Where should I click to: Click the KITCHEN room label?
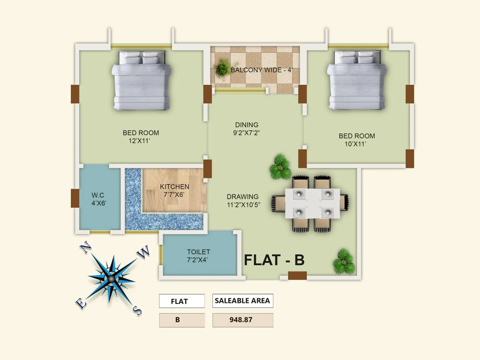(174, 187)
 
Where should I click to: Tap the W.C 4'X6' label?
(99, 199)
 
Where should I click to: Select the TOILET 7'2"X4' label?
(198, 256)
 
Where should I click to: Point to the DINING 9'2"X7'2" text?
(247, 129)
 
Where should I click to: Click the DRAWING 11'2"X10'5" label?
(243, 201)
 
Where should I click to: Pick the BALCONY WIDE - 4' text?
(261, 70)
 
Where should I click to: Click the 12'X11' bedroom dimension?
(139, 141)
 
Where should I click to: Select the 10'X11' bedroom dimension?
(355, 144)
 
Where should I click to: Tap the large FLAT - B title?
(274, 260)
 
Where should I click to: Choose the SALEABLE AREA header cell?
(242, 301)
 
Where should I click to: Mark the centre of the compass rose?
(112, 279)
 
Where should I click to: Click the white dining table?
(312, 203)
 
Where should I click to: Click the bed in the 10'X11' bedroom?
(356, 80)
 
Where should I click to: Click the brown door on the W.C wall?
(75, 198)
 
